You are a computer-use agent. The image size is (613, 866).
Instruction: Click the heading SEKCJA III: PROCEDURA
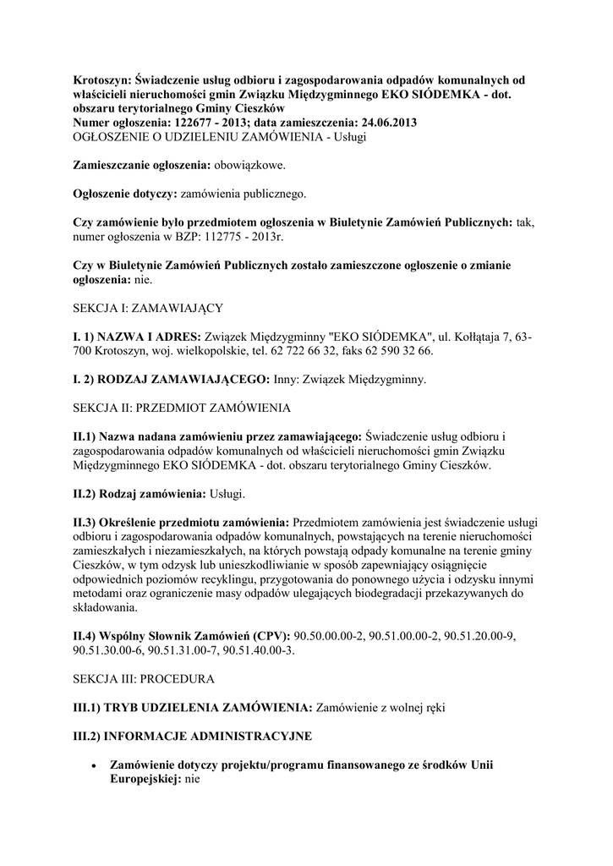144,678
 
